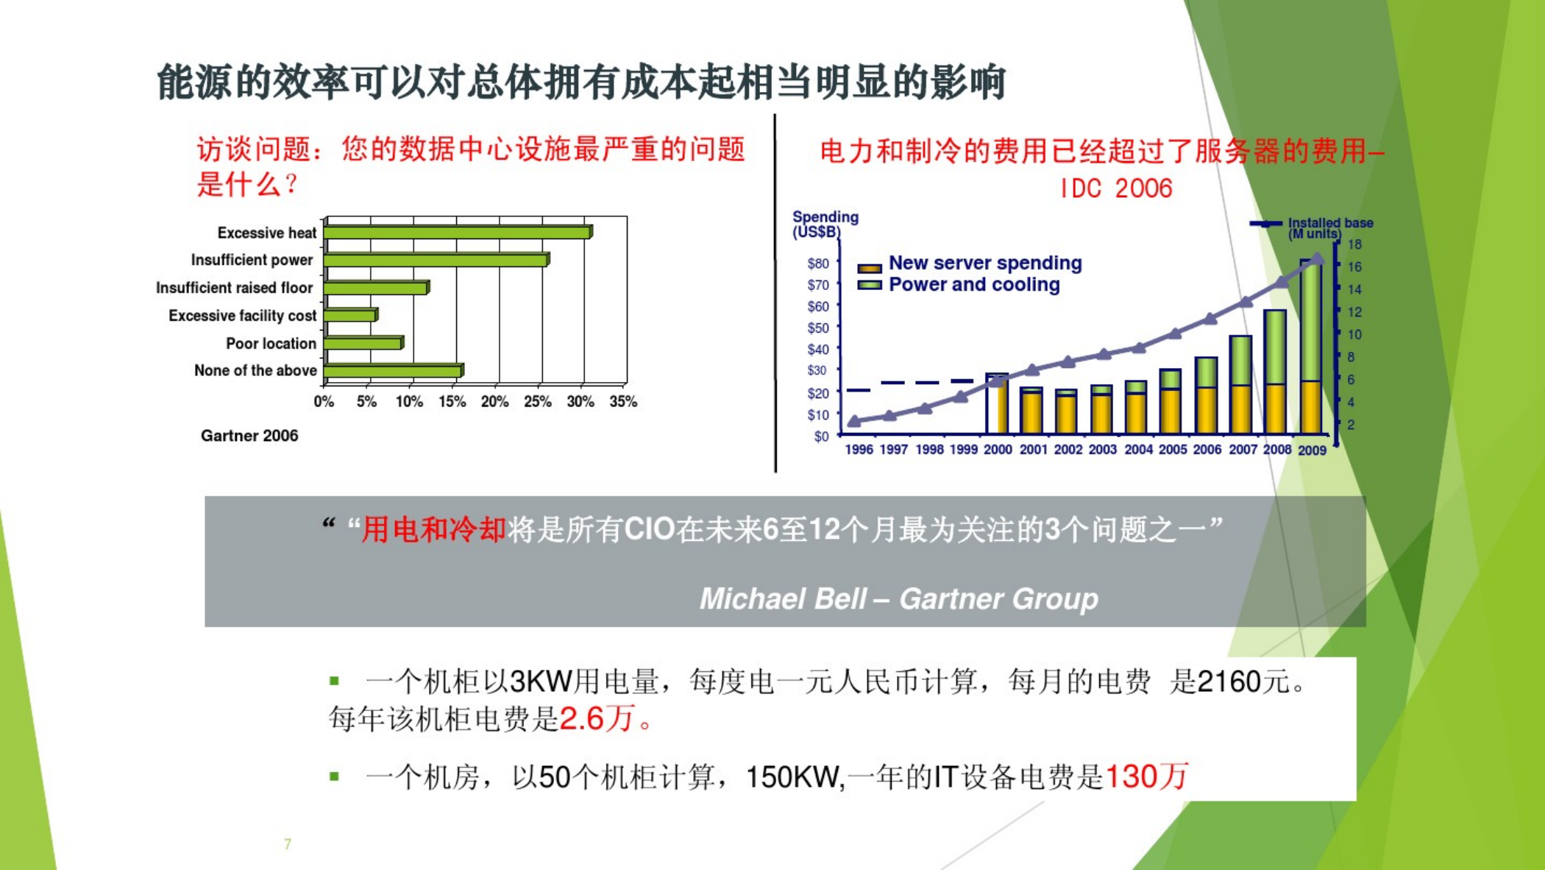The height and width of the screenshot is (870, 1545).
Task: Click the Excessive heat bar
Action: click(458, 233)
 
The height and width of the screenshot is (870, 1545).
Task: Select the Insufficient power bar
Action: click(436, 260)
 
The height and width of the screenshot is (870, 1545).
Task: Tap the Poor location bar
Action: click(363, 343)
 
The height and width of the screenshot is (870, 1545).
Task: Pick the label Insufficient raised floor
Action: click(234, 288)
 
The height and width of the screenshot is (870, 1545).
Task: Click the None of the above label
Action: click(255, 370)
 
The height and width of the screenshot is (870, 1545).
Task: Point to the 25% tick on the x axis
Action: click(538, 401)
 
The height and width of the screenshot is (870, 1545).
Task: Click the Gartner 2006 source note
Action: click(249, 436)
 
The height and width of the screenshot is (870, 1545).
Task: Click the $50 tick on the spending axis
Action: click(818, 328)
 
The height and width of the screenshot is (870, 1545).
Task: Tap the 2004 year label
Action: click(1138, 449)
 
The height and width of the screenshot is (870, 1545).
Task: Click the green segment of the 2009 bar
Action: click(1311, 320)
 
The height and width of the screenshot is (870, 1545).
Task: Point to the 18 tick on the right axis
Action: click(1354, 244)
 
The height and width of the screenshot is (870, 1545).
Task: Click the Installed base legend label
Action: click(1330, 227)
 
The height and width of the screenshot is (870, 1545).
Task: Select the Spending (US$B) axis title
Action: click(825, 224)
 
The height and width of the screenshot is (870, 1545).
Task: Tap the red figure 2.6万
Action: click(597, 718)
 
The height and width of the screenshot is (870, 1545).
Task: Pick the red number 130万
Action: click(1146, 777)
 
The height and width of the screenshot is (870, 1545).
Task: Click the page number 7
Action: click(288, 844)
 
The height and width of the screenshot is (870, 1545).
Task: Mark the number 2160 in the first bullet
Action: click(1229, 682)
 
